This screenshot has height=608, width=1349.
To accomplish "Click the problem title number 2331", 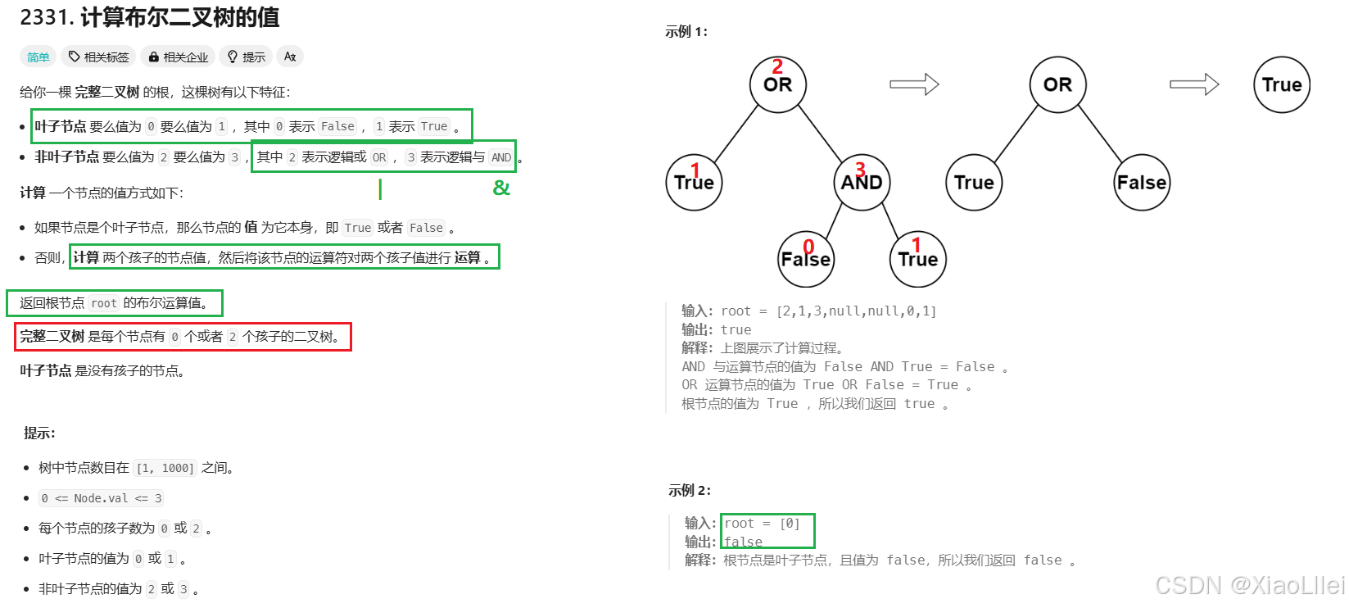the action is pos(46,17).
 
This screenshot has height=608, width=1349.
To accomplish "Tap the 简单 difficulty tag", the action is pos(38,57).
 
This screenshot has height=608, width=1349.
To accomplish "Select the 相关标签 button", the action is pos(99,57).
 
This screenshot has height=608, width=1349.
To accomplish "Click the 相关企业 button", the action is pos(179,57).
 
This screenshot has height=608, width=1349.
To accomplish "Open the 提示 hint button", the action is pos(247,57).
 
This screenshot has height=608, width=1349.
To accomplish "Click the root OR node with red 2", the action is pos(778,84).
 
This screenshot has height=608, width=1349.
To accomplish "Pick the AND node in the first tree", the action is pos(862,182).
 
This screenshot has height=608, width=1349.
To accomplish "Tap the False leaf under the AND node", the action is pos(806,259).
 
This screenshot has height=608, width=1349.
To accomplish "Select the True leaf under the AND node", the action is pos(917,259).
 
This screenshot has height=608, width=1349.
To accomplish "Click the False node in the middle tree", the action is pos(1142,182).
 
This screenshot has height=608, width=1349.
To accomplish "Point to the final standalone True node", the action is pos(1282,84).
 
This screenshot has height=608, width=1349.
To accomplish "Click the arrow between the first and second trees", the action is pos(914,84).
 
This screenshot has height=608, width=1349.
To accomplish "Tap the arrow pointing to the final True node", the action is pos(1194,84).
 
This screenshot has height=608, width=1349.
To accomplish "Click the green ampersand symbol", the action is pos(501,188).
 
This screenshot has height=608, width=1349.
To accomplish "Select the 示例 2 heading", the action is pos(690,490).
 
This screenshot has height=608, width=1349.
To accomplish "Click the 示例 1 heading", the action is pos(686,31).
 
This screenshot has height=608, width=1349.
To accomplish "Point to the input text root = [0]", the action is pos(762,523).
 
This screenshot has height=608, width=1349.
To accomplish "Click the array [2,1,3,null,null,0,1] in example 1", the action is pos(856,311).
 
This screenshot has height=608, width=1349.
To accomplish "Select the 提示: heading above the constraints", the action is pos(39,433).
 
